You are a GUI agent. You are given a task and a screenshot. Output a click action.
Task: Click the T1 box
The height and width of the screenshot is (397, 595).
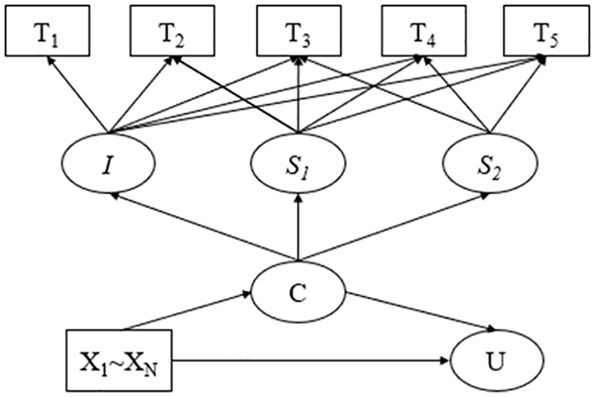tap(48, 31)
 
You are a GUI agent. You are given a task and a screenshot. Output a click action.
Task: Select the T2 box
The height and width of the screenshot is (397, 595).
tap(173, 31)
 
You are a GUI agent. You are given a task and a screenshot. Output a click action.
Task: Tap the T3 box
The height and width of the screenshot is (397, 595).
tap(298, 31)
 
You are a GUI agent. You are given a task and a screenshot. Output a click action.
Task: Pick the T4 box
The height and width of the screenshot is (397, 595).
tap(423, 31)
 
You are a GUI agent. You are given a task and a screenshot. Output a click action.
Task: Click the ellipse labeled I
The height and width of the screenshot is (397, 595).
tap(108, 163)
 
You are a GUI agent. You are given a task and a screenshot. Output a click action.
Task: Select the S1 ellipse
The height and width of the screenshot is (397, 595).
tap(297, 163)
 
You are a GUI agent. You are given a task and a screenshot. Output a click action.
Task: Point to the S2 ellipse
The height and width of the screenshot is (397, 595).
tap(490, 163)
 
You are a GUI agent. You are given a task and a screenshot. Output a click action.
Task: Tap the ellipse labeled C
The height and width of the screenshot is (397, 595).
tap(298, 292)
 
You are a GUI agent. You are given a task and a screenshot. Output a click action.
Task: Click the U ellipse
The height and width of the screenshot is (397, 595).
tap(496, 360)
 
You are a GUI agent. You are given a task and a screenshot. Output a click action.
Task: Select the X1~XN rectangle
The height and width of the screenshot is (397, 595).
tap(119, 360)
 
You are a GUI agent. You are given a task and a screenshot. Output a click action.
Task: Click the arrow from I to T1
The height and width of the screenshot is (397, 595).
tap(77, 95)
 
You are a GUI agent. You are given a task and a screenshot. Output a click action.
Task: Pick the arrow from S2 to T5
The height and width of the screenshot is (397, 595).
tap(517, 95)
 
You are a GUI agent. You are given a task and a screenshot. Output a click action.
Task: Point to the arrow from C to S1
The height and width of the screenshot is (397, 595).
tap(298, 227)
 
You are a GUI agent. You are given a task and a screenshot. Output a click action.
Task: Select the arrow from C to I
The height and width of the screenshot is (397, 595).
tap(203, 227)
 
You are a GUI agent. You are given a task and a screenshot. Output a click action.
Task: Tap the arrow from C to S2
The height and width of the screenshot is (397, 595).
tap(394, 227)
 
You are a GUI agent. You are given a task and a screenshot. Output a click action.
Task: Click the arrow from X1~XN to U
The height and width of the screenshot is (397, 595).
tap(311, 360)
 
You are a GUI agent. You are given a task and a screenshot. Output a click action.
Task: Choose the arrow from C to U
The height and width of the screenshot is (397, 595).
tap(421, 311)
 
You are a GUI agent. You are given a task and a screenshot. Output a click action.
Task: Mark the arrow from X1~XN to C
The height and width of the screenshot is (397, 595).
tap(186, 310)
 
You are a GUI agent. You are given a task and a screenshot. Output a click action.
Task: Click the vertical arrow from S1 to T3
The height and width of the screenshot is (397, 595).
tap(298, 95)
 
